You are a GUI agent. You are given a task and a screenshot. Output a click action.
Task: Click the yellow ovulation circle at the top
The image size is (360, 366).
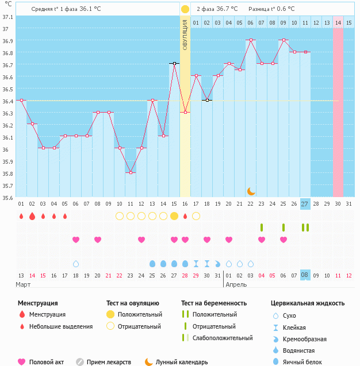pyautogui.click(x=185, y=9)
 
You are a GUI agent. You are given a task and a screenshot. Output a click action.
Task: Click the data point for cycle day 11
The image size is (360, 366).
pyautogui.click(x=131, y=172)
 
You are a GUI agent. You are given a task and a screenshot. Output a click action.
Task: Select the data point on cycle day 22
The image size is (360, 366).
pyautogui.click(x=251, y=40)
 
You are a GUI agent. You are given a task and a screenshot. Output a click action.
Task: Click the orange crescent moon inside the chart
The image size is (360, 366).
pyautogui.click(x=251, y=191)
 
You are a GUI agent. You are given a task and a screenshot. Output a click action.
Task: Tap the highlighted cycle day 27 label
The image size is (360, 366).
pyautogui.click(x=305, y=204)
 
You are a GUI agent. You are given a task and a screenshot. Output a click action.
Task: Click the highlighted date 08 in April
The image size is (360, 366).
pyautogui.click(x=305, y=275)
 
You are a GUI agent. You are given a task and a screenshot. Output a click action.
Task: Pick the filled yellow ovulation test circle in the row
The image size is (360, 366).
pyautogui.click(x=174, y=216)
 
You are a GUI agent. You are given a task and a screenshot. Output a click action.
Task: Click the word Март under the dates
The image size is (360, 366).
pyautogui.click(x=24, y=284)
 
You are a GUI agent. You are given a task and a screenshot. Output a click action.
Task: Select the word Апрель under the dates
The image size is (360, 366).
pyautogui.click(x=236, y=284)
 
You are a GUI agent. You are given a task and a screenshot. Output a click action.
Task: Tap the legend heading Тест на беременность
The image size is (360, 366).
pyautogui.click(x=214, y=303)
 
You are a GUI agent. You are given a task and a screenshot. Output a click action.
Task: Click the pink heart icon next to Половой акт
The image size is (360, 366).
pyautogui.click(x=22, y=362)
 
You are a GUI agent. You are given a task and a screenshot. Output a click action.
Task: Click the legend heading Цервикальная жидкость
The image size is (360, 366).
pyautogui.click(x=308, y=303)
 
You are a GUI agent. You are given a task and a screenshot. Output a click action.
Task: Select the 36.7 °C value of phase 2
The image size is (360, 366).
pyautogui.click(x=227, y=9)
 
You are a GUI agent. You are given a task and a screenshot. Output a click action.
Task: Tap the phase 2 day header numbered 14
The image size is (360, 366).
pyautogui.click(x=338, y=22)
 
